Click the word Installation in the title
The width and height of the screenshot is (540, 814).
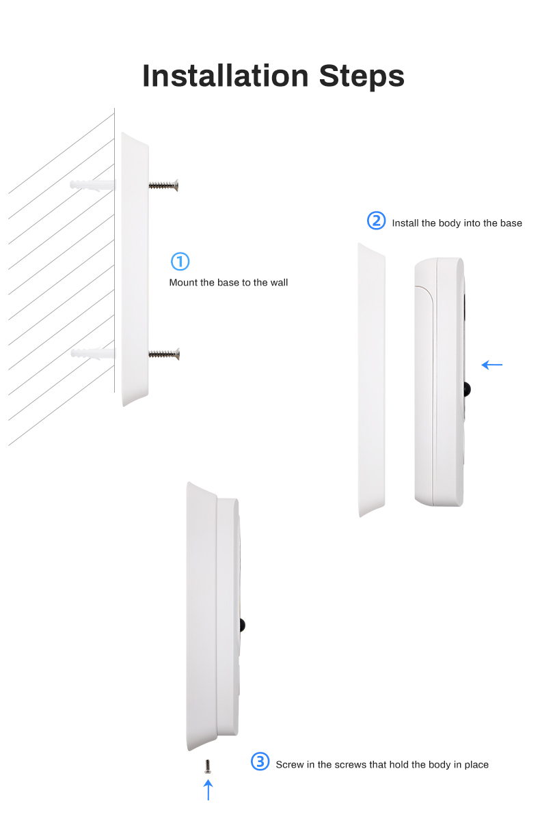(x=226, y=76)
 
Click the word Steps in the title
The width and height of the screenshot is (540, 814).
(x=362, y=76)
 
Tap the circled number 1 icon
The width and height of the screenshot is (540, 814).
(x=180, y=261)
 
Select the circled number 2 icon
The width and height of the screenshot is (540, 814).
(x=376, y=221)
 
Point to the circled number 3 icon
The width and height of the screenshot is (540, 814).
(x=260, y=761)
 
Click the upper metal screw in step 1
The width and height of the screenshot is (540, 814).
(x=164, y=185)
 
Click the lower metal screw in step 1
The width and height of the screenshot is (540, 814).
(x=164, y=354)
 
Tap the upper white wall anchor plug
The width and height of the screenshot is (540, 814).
(x=92, y=185)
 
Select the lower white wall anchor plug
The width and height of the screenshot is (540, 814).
(x=92, y=354)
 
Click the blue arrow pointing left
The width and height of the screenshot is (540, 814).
(x=492, y=365)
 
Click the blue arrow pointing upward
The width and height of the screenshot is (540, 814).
(x=208, y=790)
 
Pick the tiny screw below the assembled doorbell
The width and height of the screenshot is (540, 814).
(x=208, y=767)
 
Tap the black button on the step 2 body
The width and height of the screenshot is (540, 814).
(x=467, y=389)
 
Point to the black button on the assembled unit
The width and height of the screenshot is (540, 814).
(x=242, y=626)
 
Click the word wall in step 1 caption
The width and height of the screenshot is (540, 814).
(x=279, y=283)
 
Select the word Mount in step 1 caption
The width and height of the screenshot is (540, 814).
(x=183, y=283)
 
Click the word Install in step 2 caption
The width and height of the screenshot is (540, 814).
(x=405, y=223)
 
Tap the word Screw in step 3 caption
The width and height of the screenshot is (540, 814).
(x=290, y=765)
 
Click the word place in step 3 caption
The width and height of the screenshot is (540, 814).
(x=476, y=766)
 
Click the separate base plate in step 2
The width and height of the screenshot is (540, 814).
(x=372, y=380)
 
